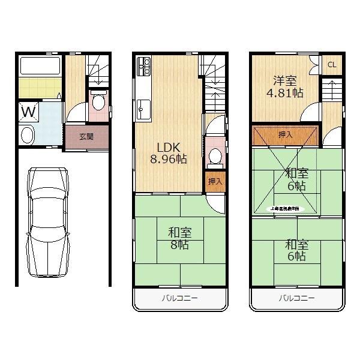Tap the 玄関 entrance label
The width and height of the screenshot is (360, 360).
pyautogui.click(x=86, y=136)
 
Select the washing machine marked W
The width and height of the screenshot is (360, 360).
pyautogui.click(x=28, y=112)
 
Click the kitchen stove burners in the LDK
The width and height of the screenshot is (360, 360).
pyautogui.click(x=145, y=67)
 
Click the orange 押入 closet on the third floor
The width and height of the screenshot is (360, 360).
pyautogui.click(x=285, y=136)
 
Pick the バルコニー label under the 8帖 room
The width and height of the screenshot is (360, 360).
pyautogui.click(x=179, y=298)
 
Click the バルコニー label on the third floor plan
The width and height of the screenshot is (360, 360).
pyautogui.click(x=297, y=298)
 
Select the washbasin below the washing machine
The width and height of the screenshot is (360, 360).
pyautogui.click(x=28, y=134)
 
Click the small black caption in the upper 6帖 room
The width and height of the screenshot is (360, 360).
pyautogui.click(x=288, y=208)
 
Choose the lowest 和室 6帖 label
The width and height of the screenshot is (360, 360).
pyautogui.click(x=296, y=250)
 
